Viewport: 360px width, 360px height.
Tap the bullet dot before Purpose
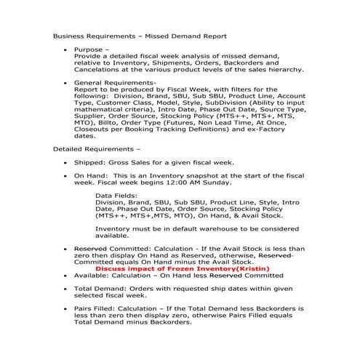tap(67, 49)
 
